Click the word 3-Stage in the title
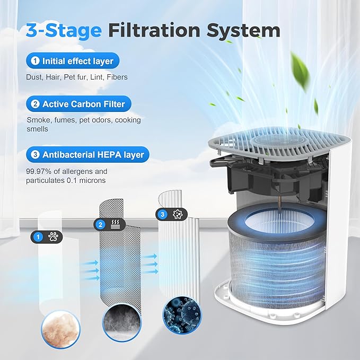(63, 31)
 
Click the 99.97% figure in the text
(39, 171)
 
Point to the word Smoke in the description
(38, 120)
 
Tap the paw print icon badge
(54, 238)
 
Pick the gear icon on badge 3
(176, 214)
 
